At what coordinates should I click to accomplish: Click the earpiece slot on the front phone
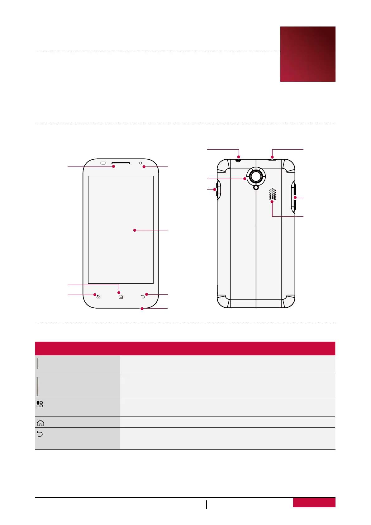pyautogui.click(x=121, y=163)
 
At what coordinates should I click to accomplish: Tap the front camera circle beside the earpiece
pyautogui.click(x=140, y=163)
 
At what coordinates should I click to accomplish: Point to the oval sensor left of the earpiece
pyautogui.click(x=103, y=163)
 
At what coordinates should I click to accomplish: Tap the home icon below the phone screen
pyautogui.click(x=121, y=297)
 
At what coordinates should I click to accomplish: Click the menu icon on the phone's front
pyautogui.click(x=98, y=296)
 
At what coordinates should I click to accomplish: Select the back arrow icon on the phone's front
pyautogui.click(x=143, y=296)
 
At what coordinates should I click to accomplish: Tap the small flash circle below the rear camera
pyautogui.click(x=256, y=187)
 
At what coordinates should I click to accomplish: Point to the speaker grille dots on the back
pyautogui.click(x=273, y=194)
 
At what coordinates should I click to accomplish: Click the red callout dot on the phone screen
pyautogui.click(x=135, y=230)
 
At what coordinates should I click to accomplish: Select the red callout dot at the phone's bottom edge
pyautogui.click(x=142, y=309)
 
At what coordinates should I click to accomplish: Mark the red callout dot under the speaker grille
pyautogui.click(x=272, y=202)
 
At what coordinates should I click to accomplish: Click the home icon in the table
pyautogui.click(x=40, y=423)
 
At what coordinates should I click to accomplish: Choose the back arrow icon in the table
pyautogui.click(x=40, y=434)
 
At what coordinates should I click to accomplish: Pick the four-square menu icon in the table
pyautogui.click(x=40, y=404)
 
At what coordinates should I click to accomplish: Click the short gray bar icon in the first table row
pyautogui.click(x=38, y=364)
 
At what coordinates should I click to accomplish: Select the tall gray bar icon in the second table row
pyautogui.click(x=38, y=386)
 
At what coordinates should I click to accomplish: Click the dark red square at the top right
pyautogui.click(x=308, y=54)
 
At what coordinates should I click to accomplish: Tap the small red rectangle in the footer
pyautogui.click(x=314, y=503)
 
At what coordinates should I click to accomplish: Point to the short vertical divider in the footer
pyautogui.click(x=207, y=504)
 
